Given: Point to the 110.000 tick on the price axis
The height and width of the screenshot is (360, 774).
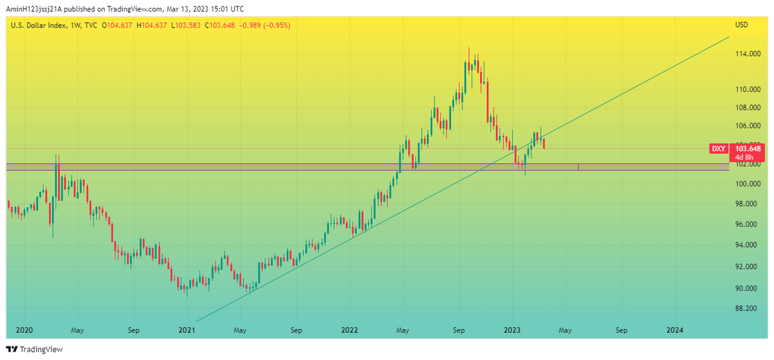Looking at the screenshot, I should pos(746,89).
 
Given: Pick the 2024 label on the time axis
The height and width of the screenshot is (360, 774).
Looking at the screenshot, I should pos(675,330).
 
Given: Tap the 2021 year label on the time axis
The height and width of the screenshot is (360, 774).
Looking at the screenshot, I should pos(186,330).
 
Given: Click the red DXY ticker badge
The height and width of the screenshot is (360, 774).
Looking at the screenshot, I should pos(719,149).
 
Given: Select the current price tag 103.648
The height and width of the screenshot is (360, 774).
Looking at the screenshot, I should pos(748,148).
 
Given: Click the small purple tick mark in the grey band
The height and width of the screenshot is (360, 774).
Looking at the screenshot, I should pos(579,167).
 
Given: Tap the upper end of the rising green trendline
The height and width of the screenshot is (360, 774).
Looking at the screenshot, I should pos(728,38).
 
